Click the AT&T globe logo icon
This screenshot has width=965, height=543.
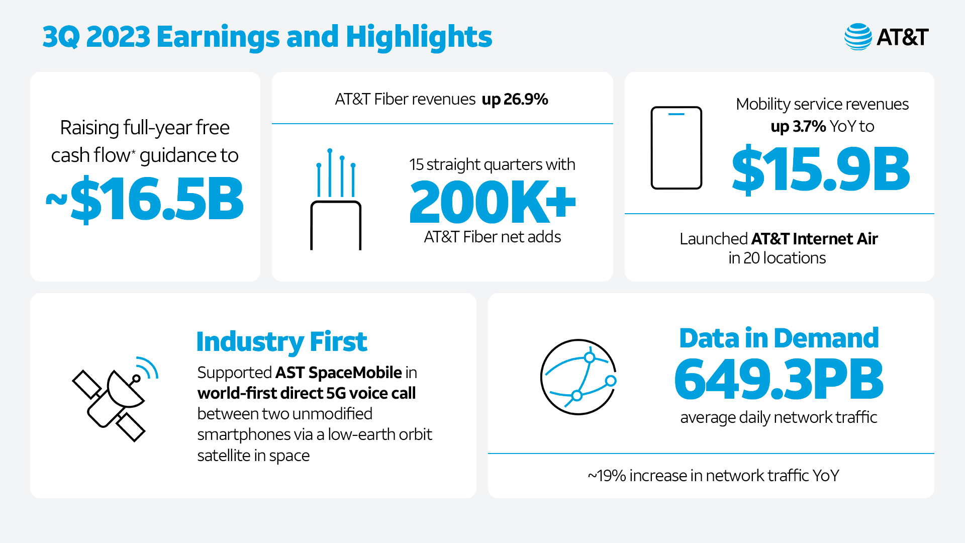(x=858, y=37)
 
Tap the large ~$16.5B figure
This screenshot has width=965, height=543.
(x=145, y=200)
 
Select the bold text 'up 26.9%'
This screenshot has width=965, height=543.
(x=515, y=99)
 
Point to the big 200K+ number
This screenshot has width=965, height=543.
(x=492, y=202)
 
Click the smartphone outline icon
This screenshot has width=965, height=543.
(x=676, y=148)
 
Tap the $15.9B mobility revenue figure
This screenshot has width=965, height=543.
(x=821, y=170)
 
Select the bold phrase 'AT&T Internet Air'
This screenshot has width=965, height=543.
(x=814, y=238)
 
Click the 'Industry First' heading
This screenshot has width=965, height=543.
(x=281, y=342)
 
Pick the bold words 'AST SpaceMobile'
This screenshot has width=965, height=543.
(x=338, y=373)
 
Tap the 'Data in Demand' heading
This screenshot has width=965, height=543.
(x=779, y=338)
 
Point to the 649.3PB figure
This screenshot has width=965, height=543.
(x=779, y=380)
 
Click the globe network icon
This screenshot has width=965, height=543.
(x=578, y=377)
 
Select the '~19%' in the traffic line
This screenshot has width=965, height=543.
(x=607, y=476)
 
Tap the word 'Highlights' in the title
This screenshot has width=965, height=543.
(x=419, y=37)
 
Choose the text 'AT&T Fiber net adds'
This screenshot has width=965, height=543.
(x=492, y=237)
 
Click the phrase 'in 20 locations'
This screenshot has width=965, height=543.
(x=777, y=258)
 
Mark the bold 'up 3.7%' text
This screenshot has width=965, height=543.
(x=798, y=126)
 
